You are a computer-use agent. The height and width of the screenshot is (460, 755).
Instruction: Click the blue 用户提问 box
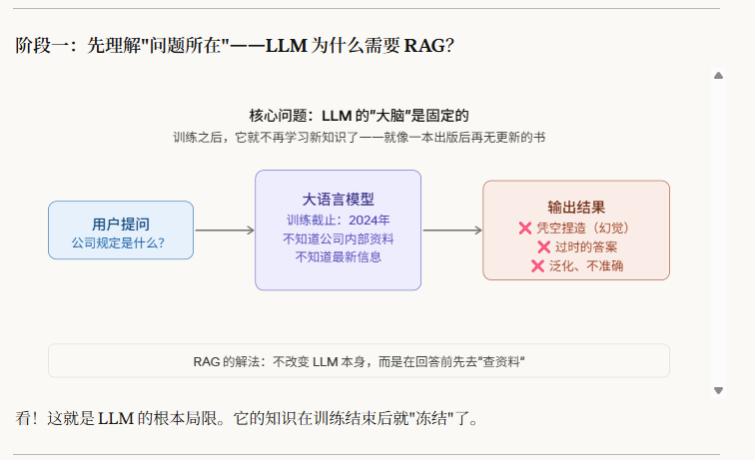click(x=120, y=230)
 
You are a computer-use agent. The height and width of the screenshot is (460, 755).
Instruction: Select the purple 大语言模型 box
click(x=338, y=230)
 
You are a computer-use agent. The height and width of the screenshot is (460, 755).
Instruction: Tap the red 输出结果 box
click(x=576, y=230)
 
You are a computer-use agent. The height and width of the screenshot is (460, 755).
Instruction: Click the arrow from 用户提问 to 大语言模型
click(x=225, y=230)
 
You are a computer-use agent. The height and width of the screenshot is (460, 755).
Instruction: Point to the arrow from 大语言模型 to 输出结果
click(x=452, y=230)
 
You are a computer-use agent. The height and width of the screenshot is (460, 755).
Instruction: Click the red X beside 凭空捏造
click(x=525, y=229)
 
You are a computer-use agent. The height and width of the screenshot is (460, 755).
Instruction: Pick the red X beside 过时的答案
click(x=544, y=247)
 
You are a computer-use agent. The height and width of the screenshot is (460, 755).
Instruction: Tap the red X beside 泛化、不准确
click(x=537, y=265)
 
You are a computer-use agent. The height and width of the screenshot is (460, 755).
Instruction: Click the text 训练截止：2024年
click(x=338, y=220)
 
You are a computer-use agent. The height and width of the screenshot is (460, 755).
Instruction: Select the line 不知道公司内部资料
click(x=338, y=238)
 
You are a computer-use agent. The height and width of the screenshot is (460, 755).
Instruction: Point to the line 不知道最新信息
click(x=338, y=256)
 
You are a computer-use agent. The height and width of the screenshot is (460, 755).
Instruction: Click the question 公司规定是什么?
click(x=119, y=242)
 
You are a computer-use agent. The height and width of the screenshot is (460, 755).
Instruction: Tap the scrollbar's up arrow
click(x=717, y=76)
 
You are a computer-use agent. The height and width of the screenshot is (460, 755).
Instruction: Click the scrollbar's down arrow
click(x=717, y=390)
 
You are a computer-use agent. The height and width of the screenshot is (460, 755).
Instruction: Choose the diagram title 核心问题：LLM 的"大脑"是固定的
click(x=359, y=115)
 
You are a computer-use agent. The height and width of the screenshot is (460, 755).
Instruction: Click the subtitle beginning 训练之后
click(x=359, y=137)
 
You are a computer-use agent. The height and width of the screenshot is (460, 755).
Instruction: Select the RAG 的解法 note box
click(x=359, y=361)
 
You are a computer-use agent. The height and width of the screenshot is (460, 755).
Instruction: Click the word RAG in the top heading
click(x=423, y=46)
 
